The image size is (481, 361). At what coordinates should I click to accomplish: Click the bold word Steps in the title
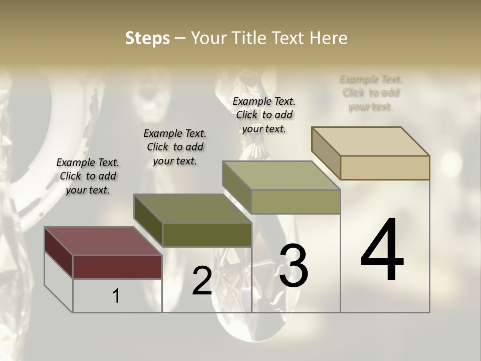click(147, 38)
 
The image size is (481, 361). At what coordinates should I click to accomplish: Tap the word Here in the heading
click(329, 38)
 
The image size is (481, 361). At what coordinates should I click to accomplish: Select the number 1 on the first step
click(116, 296)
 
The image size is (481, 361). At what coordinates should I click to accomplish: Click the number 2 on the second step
click(202, 281)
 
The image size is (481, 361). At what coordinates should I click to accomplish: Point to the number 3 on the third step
click(293, 266)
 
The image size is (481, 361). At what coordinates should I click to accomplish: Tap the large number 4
click(382, 250)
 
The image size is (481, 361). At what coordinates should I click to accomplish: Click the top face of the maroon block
click(103, 241)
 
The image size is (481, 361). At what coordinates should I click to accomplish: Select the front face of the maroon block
click(117, 267)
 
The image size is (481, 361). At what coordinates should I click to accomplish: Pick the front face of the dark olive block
click(207, 235)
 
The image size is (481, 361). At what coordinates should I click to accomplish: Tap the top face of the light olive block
click(281, 175)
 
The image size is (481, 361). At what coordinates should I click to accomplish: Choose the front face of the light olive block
click(296, 202)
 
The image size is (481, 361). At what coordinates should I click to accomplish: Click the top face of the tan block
click(371, 141)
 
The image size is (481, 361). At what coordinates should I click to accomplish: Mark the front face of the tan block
click(385, 167)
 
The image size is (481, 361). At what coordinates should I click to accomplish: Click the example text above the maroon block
click(88, 176)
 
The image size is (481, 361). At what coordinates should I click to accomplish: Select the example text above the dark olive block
click(175, 147)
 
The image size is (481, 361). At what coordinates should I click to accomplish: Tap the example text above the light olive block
click(264, 115)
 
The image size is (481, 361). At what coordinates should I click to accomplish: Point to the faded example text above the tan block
click(371, 93)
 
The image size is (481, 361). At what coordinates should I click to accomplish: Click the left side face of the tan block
click(326, 153)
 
